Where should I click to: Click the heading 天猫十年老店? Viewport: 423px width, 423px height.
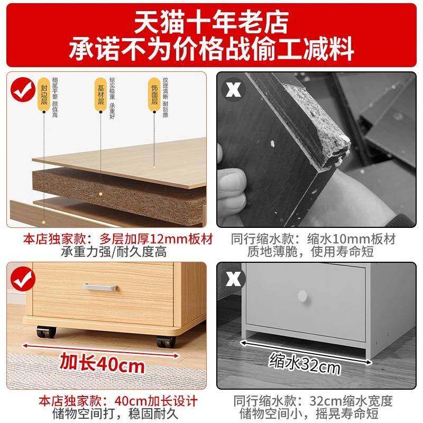tap(211, 22)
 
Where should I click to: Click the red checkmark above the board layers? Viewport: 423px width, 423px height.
tap(21, 90)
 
